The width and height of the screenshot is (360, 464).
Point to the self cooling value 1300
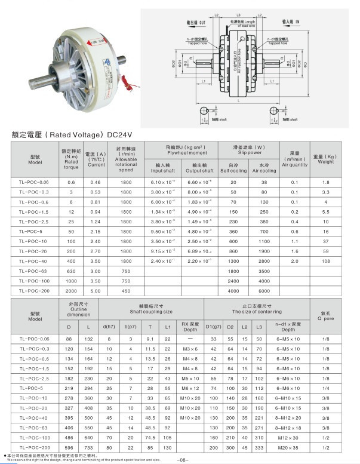click(x=233, y=261)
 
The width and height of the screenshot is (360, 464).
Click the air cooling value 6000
click(x=264, y=291)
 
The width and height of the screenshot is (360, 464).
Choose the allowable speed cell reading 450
click(x=126, y=291)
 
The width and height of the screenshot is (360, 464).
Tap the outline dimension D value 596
click(x=70, y=447)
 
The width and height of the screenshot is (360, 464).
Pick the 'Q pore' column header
click(x=325, y=316)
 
